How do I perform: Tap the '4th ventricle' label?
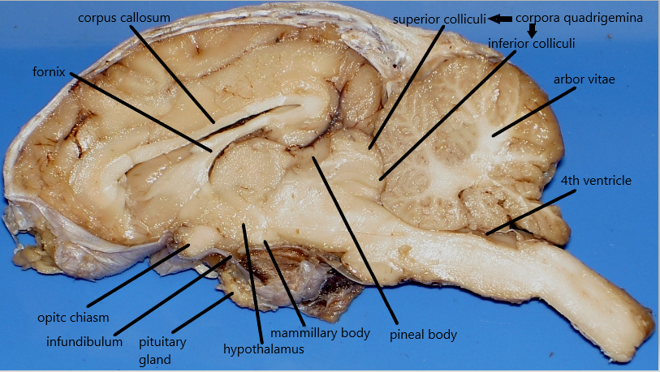click(596, 180)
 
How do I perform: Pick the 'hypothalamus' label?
click(264, 349)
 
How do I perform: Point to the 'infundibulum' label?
click(85, 341)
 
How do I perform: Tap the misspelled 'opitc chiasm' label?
click(72, 316)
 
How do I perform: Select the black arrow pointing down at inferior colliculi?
click(533, 30)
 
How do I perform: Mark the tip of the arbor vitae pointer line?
click(493, 134)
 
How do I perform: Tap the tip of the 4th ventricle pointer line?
click(486, 233)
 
